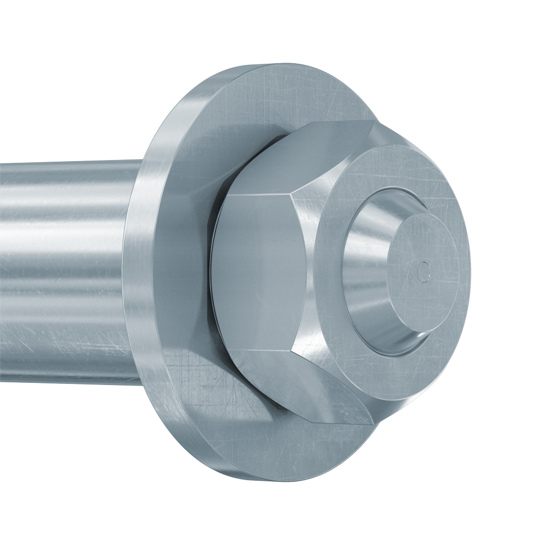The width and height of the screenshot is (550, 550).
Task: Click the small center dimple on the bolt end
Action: pyautogui.click(x=423, y=269)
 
